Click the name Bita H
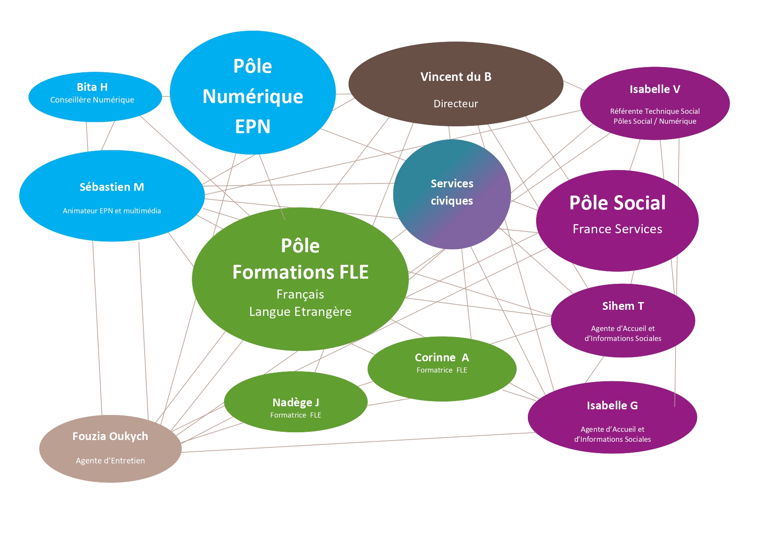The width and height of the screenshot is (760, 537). click(92, 87)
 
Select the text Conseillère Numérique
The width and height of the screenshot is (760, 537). click(92, 100)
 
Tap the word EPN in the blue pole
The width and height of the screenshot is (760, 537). click(252, 126)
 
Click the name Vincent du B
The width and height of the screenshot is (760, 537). click(456, 77)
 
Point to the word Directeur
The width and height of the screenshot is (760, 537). click(456, 104)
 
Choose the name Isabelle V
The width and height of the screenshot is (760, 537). click(654, 90)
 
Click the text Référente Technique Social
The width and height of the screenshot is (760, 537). click(654, 111)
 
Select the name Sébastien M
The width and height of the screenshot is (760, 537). click(112, 187)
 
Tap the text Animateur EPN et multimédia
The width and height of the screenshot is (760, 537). click(112, 211)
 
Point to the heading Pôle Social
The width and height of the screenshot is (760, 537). click(617, 203)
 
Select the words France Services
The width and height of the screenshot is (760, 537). click(617, 229)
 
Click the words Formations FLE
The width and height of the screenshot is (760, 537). click(300, 272)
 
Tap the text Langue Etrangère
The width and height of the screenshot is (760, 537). click(300, 312)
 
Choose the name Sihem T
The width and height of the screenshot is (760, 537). click(623, 306)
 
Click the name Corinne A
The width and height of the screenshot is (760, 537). click(442, 357)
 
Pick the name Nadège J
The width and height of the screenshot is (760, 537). click(296, 402)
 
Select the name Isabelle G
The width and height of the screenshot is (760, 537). click(612, 405)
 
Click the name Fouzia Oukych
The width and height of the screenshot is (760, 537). click(110, 436)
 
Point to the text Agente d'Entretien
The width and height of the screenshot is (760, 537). click(110, 461)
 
